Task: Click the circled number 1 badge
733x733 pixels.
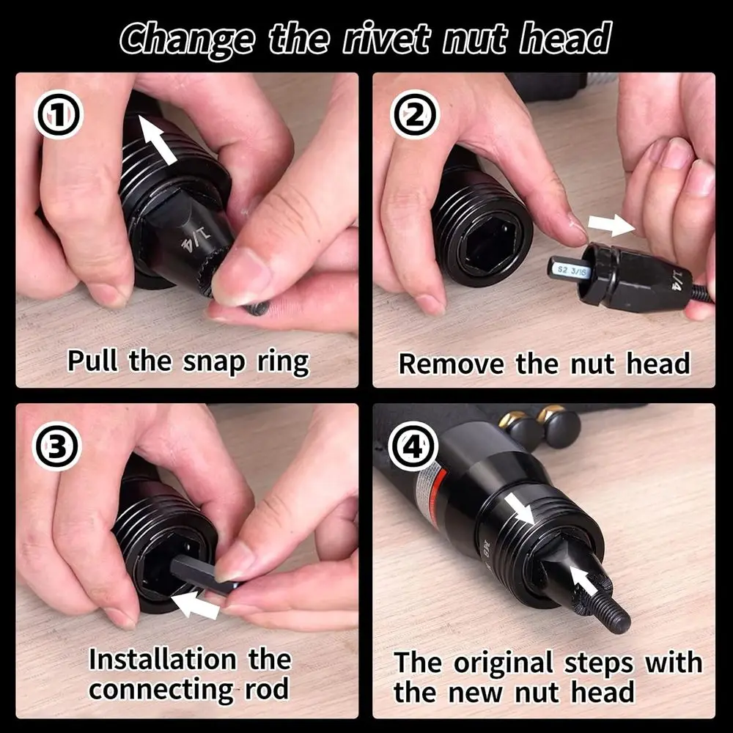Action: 59,117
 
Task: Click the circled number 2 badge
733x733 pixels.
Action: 415,117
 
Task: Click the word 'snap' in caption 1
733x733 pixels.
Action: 207,361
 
